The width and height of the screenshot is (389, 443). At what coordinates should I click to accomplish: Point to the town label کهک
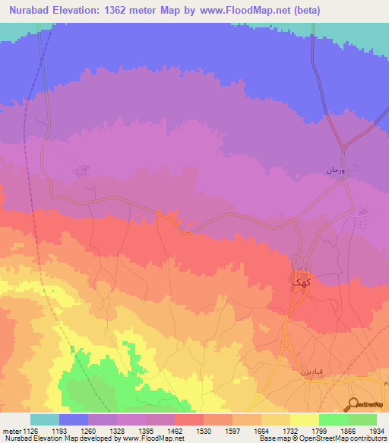coord(301,281)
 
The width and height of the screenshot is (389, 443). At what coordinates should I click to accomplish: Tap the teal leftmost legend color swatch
coord(45,419)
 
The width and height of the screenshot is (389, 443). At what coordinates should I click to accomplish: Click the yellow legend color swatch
coord(304,419)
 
